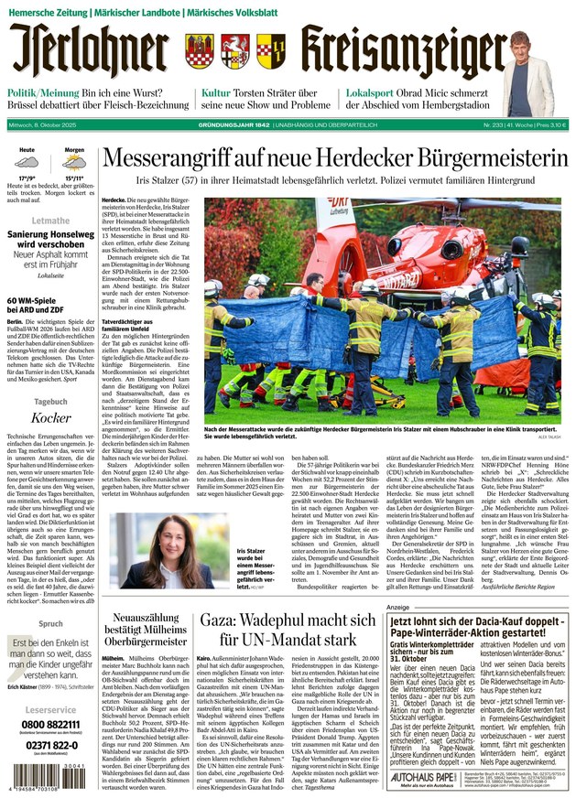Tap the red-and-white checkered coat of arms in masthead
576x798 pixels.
[271, 50]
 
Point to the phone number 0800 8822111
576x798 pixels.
[50, 725]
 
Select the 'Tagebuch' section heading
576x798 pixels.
[50, 401]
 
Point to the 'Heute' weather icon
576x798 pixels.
[27, 163]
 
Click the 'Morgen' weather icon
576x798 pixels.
[74, 163]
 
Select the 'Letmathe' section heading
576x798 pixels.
[50, 221]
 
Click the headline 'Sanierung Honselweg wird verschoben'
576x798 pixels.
[50, 243]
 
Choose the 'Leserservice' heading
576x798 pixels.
[50, 709]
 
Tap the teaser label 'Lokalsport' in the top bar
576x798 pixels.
[370, 93]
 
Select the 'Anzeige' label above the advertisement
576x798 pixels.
[397, 607]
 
